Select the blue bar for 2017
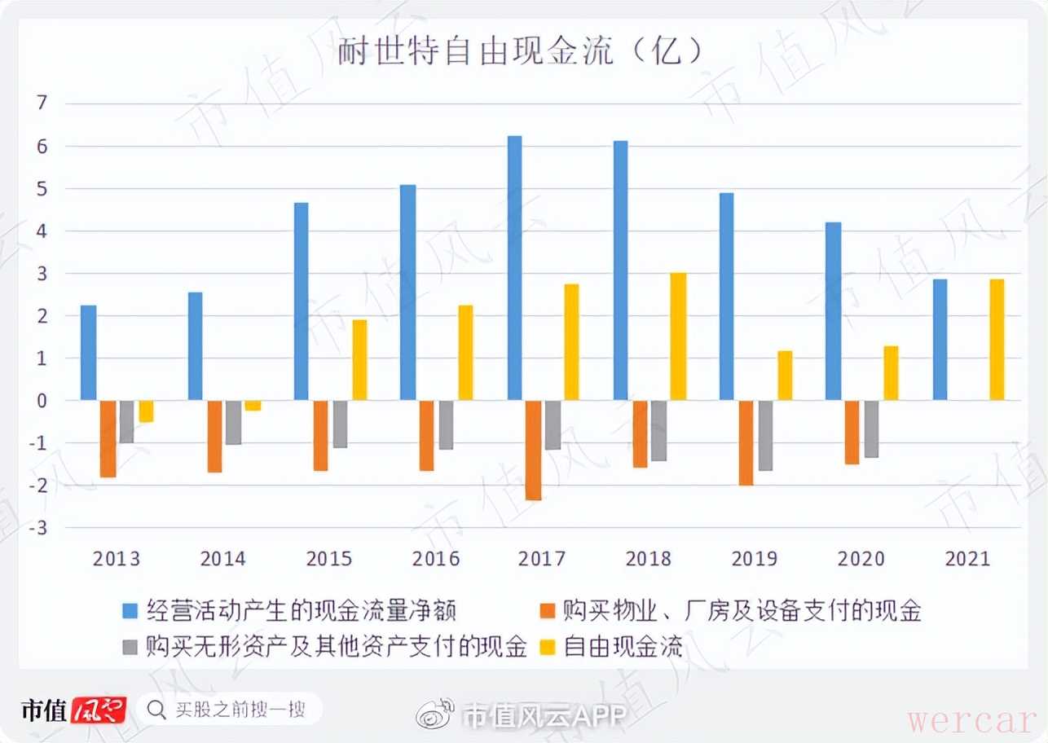[514, 268]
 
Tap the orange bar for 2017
[533, 450]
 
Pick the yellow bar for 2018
[678, 336]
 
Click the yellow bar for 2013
[146, 411]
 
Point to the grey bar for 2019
[765, 435]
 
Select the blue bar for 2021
[940, 340]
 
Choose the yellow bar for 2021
[997, 340]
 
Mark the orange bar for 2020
[852, 432]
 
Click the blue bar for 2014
[195, 346]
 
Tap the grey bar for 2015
[340, 424]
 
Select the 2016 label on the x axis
[436, 559]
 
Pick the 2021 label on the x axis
[967, 559]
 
